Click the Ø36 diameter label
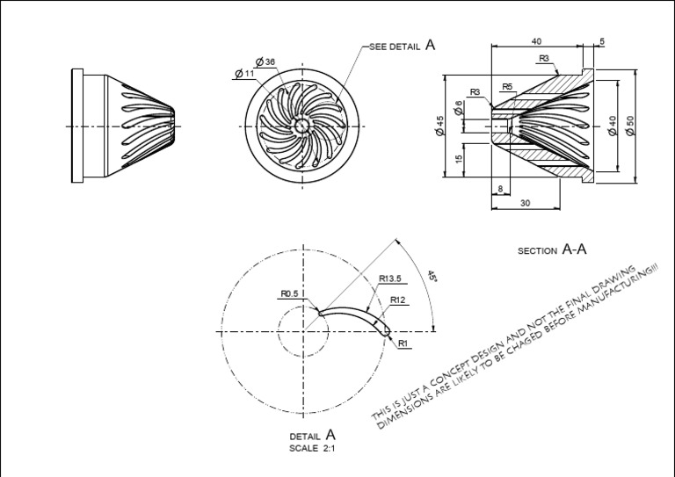coord(265,61)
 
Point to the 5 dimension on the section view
coord(602,41)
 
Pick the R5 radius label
coord(507,86)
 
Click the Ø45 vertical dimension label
coord(438,126)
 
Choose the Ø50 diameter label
coord(629,125)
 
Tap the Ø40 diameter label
coord(612,125)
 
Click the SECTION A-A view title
coord(552,250)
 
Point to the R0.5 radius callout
coord(291,293)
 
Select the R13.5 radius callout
coord(391,279)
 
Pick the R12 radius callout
coord(398,300)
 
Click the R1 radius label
coord(403,343)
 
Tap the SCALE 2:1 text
coord(312,448)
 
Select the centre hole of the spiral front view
coord(301,126)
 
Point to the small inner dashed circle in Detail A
coord(304,307)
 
